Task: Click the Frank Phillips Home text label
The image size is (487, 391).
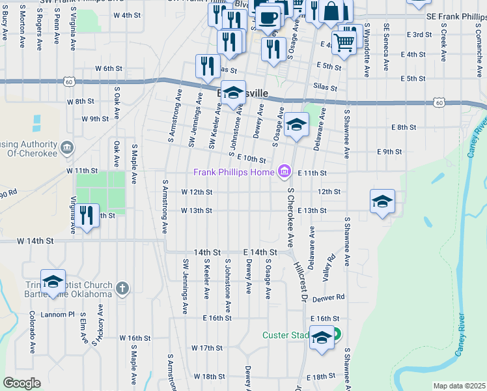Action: (x=234, y=172)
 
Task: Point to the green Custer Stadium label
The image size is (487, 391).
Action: (x=285, y=335)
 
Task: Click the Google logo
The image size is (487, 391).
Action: (x=21, y=383)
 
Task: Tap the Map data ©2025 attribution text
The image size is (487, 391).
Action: (x=459, y=386)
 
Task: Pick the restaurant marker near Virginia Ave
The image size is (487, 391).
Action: (x=87, y=215)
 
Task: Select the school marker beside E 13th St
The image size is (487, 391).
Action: (x=382, y=202)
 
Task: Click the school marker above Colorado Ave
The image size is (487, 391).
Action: (x=53, y=282)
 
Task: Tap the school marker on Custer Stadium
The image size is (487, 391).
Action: (x=321, y=338)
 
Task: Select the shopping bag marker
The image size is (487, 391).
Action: (x=331, y=11)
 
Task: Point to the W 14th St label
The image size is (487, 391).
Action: (x=35, y=241)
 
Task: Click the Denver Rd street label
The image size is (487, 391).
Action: (x=327, y=297)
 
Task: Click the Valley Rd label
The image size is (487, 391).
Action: (x=329, y=268)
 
